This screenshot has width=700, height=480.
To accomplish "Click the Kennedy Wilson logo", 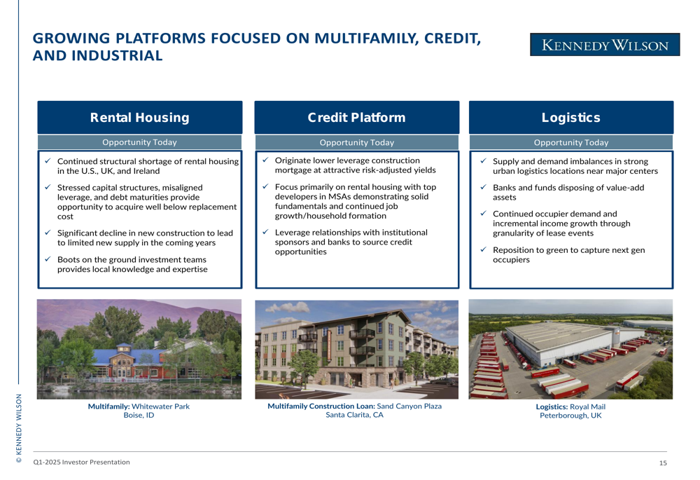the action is coord(605,45).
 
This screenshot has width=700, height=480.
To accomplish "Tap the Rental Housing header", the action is coord(140,118).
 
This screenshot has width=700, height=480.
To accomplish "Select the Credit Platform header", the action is coord(357,118).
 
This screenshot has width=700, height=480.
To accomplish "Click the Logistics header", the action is coord(571,118).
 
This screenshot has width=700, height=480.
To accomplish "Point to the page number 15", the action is coord(663,463).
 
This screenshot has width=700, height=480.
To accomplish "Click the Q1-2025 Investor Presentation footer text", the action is coord(82,462).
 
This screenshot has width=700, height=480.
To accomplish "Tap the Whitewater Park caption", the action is coord(139,411).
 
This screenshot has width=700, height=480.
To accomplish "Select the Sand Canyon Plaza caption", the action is coord(354,411).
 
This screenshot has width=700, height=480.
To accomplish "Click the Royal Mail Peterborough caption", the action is coord(570,411).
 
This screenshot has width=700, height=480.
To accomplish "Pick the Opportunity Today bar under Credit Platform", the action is coord(357,142).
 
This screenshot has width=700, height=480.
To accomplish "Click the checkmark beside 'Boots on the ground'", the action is coord(48,259).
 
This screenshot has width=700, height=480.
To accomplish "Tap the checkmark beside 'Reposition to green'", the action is coord(483,249).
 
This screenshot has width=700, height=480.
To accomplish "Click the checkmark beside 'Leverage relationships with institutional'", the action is coord(265,232).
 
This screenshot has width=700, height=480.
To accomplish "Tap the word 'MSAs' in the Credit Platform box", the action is coord(329,197).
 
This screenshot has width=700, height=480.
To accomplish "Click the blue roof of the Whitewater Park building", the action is coord(134,355).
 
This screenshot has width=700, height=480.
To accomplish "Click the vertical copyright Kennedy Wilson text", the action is coord(19,428).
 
